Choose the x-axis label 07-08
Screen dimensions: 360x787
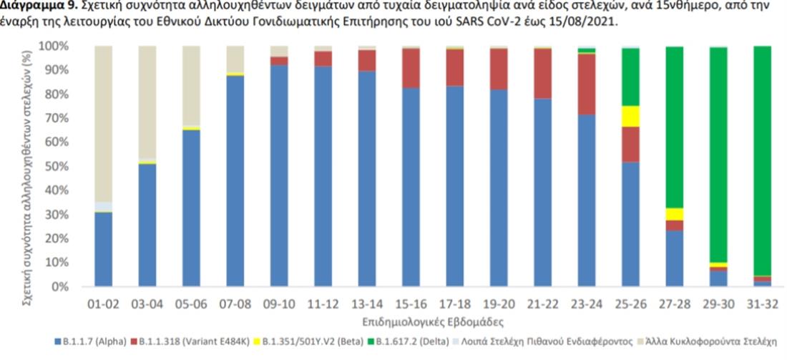[235, 304]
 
